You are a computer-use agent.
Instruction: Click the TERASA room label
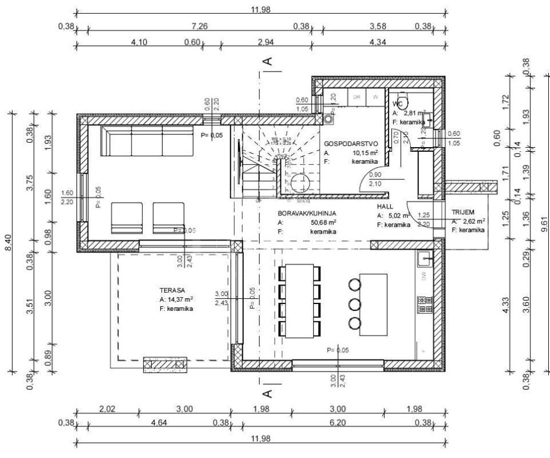coord(172,290)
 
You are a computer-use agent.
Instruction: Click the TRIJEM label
coord(463,211)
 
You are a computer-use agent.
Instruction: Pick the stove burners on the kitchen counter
coord(425,305)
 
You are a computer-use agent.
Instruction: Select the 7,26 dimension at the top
coord(199,26)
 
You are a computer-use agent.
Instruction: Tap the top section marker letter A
coord(267,60)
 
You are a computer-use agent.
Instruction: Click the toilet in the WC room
coord(401,97)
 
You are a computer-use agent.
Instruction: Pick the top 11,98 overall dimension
coord(261,9)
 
